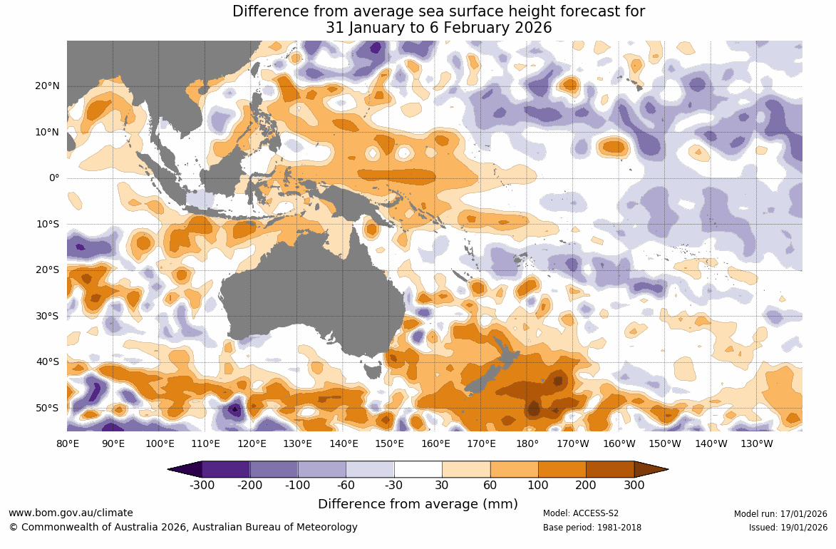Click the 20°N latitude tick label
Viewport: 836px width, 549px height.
point(48,86)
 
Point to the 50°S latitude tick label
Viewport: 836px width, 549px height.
point(48,408)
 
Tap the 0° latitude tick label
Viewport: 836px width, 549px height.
point(54,178)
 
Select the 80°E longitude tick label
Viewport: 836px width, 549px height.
point(67,443)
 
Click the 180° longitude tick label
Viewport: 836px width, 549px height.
point(527,443)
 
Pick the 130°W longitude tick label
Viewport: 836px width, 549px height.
point(757,443)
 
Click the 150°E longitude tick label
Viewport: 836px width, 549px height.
point(389,443)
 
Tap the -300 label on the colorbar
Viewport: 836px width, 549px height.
point(202,486)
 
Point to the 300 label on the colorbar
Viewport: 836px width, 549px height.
point(634,486)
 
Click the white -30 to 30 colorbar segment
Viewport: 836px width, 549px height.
point(418,469)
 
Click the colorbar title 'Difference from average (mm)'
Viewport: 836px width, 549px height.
point(418,504)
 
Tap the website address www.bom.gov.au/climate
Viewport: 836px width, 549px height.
point(71,513)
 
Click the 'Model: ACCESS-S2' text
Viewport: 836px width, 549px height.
point(581,513)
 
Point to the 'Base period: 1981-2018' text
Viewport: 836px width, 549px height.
point(592,528)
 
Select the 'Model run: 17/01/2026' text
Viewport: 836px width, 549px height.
point(780,513)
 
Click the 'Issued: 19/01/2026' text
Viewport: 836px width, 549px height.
point(788,528)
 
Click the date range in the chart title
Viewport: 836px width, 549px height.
point(439,28)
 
